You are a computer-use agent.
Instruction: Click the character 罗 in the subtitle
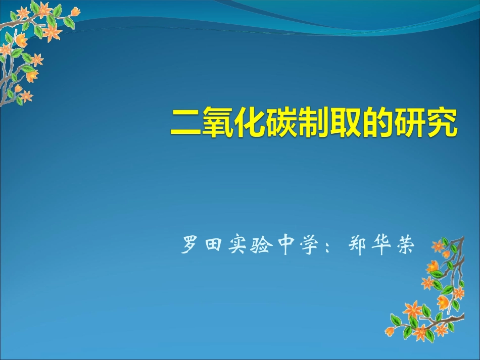(x=190, y=246)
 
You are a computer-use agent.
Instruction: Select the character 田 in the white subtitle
(x=213, y=246)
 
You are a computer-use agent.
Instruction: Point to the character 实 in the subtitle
(x=237, y=246)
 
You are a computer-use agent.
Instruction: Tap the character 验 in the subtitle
(x=261, y=246)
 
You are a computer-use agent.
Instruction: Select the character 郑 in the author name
(x=358, y=246)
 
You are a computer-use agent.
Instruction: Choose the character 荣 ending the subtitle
(x=406, y=246)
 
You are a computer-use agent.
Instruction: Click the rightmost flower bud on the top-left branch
(x=75, y=11)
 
